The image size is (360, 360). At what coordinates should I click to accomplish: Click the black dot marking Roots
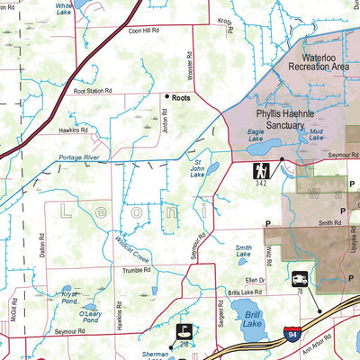tap(166, 95)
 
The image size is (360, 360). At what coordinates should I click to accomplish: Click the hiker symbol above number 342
tap(261, 168)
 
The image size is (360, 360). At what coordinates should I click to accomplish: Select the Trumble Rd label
tap(136, 269)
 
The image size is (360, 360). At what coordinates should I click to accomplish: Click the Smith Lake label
tap(243, 251)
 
